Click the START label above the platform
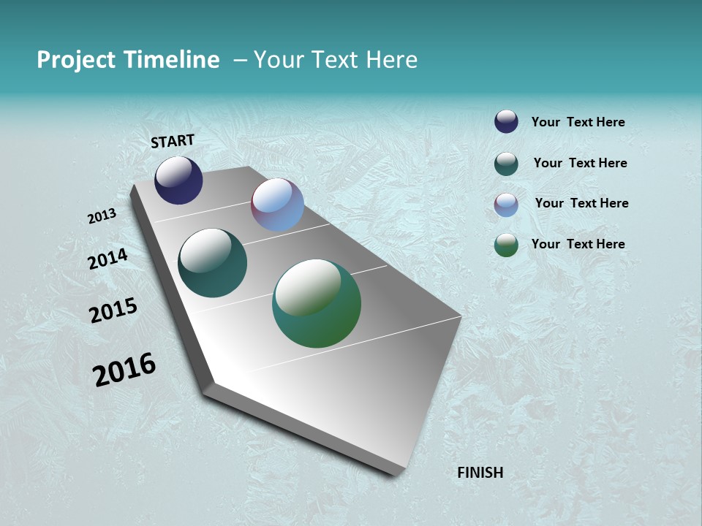tap(173, 141)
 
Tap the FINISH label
tap(480, 473)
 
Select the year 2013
tap(102, 216)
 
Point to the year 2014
tap(108, 259)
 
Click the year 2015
tap(113, 310)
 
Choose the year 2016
tap(124, 369)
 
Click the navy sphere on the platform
tap(178, 180)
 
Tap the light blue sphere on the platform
tap(277, 205)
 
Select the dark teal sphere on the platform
tap(212, 263)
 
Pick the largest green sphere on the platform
tap(317, 303)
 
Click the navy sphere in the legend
tap(506, 121)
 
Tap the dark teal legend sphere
tap(506, 164)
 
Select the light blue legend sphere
tap(506, 205)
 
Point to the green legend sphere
tap(506, 245)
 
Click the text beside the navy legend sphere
tap(578, 123)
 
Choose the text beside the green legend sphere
tap(578, 244)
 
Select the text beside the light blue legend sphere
tap(581, 203)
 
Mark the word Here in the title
tap(391, 60)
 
